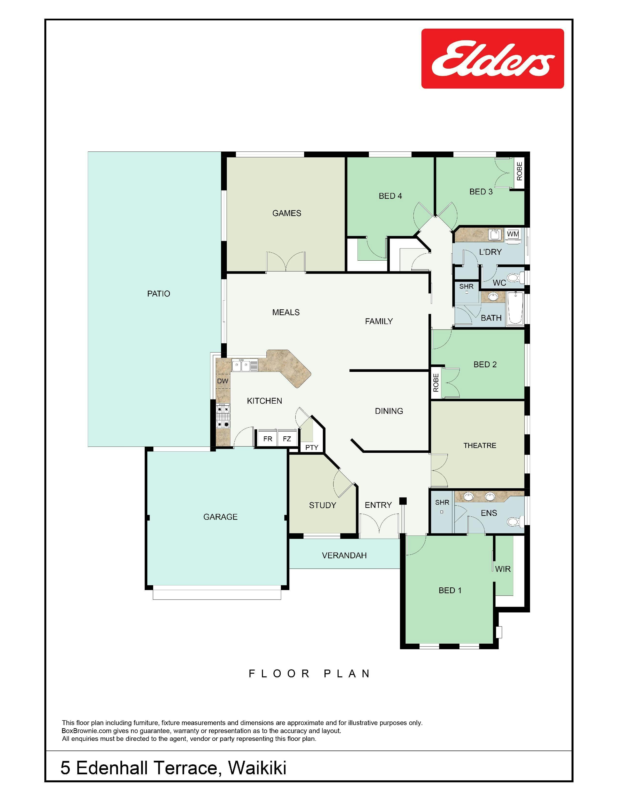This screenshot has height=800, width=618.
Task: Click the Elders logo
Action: (492, 59)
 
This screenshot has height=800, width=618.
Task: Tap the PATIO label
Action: (158, 294)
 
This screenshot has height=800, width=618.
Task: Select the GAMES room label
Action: (287, 213)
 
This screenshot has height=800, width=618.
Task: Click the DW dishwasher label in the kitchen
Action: (222, 381)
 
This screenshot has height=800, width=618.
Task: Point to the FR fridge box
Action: (268, 439)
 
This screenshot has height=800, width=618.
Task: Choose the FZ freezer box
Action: (287, 439)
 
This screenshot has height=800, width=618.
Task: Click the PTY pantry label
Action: (312, 448)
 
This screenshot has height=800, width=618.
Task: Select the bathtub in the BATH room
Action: (515, 308)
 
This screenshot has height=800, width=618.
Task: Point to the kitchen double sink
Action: (245, 365)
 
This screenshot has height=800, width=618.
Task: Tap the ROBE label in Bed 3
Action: (519, 171)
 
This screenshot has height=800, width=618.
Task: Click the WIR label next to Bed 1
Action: (503, 569)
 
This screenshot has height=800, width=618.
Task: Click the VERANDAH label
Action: (344, 556)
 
